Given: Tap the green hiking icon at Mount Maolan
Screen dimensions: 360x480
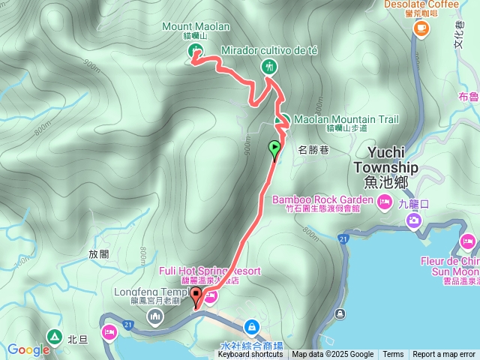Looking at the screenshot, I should [x=195, y=50].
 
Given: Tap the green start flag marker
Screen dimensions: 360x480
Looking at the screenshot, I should [x=275, y=147].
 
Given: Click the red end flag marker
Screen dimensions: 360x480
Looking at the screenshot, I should [x=196, y=295].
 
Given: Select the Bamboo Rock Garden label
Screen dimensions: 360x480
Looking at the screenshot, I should [x=322, y=200].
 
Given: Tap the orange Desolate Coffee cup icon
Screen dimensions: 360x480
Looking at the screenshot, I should [x=421, y=28].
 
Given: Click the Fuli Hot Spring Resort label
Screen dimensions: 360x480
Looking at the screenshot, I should [x=209, y=271].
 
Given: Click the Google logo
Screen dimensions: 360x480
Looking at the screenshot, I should [x=28, y=349].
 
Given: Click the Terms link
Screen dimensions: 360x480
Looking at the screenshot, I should [x=393, y=355].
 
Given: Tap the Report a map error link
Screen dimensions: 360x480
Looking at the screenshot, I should [x=444, y=355].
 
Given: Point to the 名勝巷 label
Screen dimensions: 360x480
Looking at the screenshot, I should [x=314, y=149].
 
